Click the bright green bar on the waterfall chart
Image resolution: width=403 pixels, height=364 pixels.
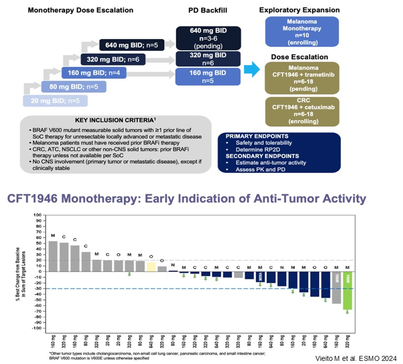point(347,290)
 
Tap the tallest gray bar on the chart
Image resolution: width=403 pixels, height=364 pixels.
point(53,256)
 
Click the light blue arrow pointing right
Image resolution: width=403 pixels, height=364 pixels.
point(250,70)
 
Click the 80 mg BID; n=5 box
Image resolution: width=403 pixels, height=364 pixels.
point(74,87)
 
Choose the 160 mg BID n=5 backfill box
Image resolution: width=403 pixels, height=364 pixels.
point(208,76)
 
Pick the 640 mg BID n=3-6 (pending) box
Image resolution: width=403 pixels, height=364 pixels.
point(208,38)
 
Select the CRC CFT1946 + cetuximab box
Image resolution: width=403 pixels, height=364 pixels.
point(299,111)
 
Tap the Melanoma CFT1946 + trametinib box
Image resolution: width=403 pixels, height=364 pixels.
point(299,78)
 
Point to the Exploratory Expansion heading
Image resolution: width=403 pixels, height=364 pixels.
point(299,10)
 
